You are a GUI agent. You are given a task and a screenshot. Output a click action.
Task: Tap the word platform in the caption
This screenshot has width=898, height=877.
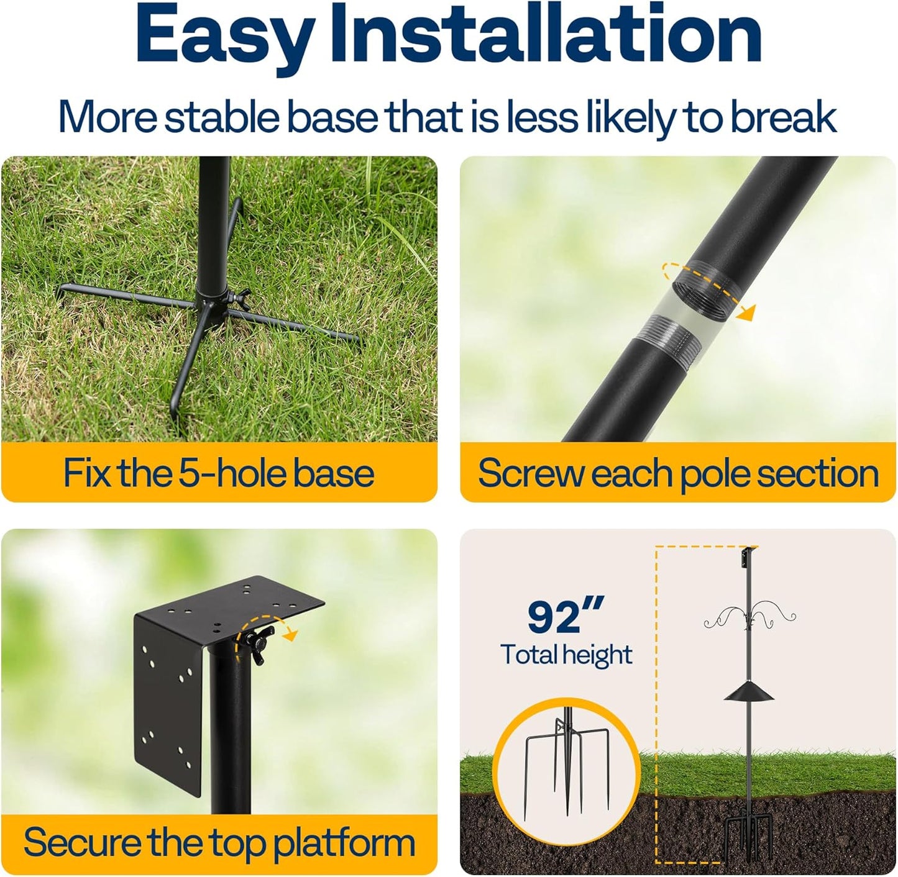point(344,843)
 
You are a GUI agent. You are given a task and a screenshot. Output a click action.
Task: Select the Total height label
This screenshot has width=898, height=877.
point(566,655)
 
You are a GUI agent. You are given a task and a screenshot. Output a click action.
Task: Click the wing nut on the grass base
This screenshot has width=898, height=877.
point(239,296)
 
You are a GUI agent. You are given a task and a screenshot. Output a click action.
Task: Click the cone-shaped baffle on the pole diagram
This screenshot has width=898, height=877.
point(748,691)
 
